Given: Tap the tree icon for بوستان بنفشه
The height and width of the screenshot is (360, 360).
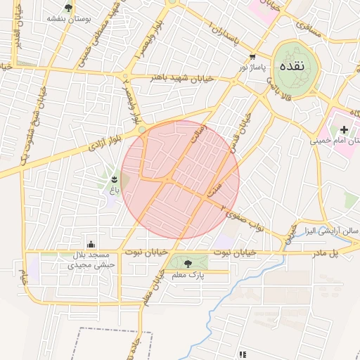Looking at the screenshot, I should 68,8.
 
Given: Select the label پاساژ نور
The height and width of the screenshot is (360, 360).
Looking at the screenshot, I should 252,67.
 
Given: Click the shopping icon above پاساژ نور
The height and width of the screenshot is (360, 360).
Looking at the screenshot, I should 252,57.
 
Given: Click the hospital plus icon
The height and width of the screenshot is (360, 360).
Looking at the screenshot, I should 343,129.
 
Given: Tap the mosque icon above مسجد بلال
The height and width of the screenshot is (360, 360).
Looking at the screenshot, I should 90,244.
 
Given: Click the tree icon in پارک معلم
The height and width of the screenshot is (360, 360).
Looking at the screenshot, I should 187,264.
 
